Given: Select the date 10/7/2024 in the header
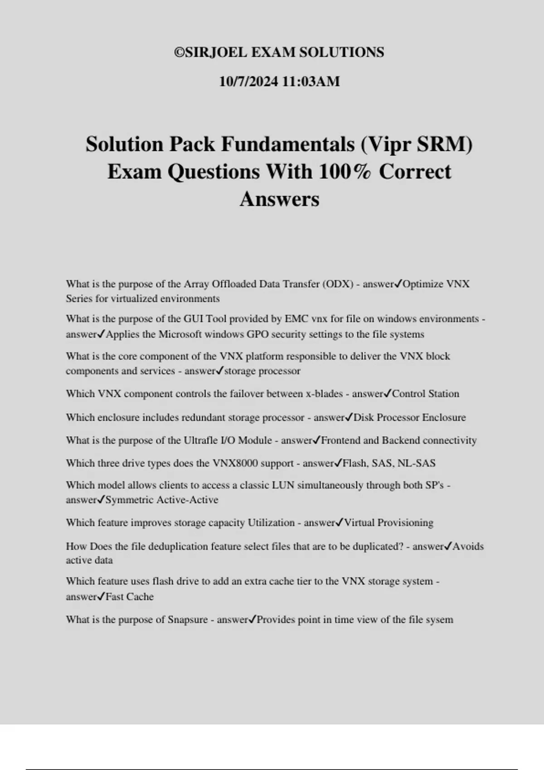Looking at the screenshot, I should pyautogui.click(x=248, y=82).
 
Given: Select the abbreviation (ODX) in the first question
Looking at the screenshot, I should pyautogui.click(x=338, y=284).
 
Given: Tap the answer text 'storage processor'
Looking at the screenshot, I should pyautogui.click(x=262, y=371).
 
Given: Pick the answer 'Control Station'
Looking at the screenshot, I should pyautogui.click(x=425, y=394).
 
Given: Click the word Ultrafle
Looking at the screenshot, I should pyautogui.click(x=201, y=440).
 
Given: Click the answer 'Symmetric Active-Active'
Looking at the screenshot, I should pyautogui.click(x=161, y=500).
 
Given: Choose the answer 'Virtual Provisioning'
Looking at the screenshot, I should pyautogui.click(x=389, y=523).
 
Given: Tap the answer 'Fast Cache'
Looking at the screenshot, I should pyautogui.click(x=130, y=597).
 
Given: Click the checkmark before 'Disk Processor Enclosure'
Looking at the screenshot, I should pyautogui.click(x=349, y=417).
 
